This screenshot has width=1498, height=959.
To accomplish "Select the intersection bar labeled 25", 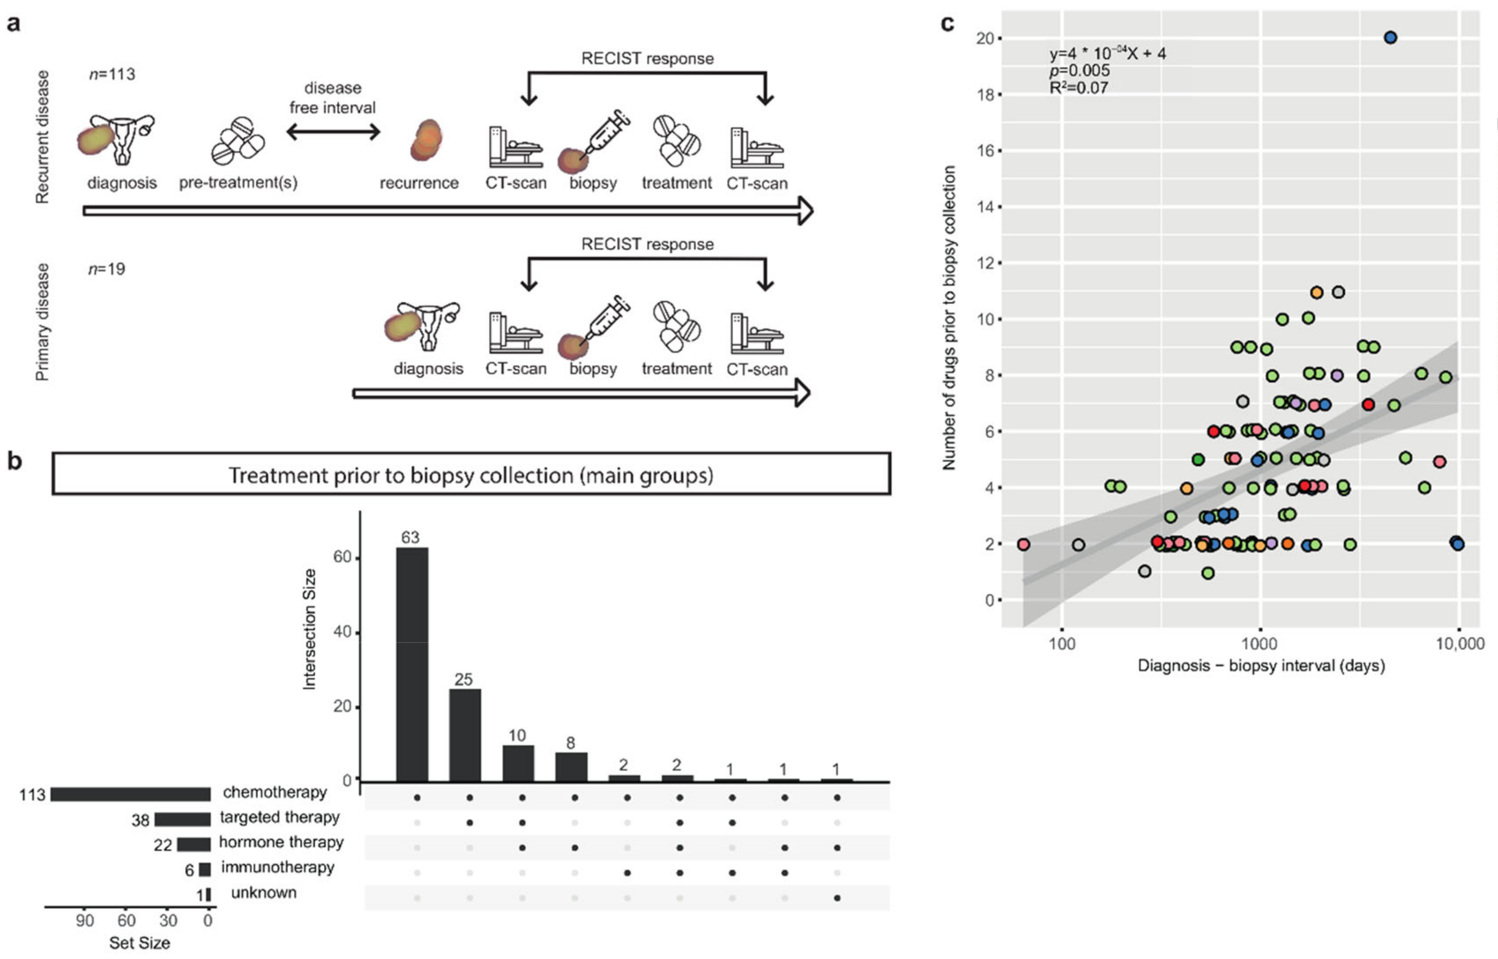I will [465, 735].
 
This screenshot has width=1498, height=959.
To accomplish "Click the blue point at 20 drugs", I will [1390, 38].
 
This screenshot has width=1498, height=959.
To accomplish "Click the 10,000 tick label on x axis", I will [1460, 643].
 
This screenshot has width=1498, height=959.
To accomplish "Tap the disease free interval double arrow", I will [333, 131].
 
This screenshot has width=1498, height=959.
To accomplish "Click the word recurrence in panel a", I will [419, 183].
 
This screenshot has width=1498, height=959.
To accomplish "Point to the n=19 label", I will [107, 269].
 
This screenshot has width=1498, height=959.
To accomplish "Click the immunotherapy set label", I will [277, 868].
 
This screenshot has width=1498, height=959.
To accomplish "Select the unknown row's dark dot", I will [837, 898].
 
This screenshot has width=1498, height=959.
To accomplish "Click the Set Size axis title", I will [139, 943].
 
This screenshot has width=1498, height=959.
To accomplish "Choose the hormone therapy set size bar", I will [194, 845].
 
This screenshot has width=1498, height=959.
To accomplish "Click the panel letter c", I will [948, 23].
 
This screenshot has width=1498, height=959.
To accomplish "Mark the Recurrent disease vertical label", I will [42, 137].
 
